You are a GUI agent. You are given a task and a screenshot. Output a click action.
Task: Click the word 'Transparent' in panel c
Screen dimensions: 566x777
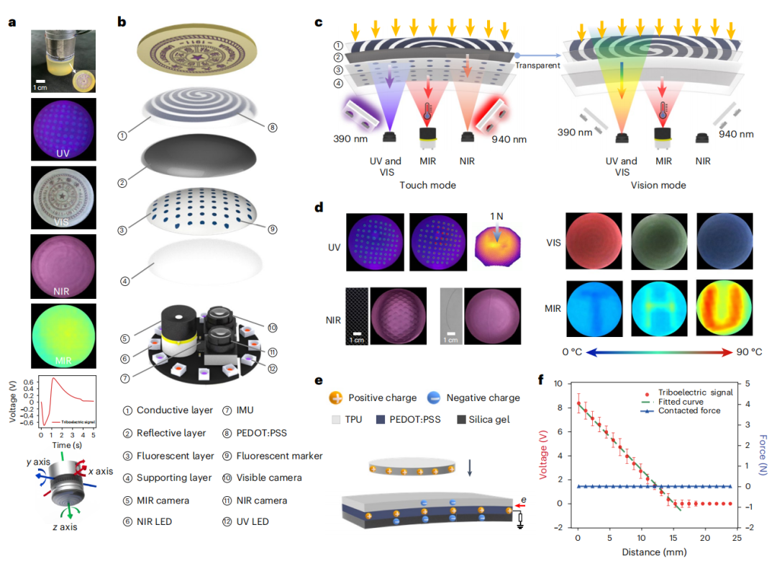(537, 66)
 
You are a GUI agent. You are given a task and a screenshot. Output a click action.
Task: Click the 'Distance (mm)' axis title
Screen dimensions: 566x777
(652, 552)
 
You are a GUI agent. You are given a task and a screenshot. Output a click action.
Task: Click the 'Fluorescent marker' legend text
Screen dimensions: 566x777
(279, 455)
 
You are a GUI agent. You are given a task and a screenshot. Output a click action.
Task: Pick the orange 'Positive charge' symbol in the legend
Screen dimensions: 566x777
(335, 397)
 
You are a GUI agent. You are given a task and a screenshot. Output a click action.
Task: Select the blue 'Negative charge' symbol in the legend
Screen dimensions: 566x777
(435, 397)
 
